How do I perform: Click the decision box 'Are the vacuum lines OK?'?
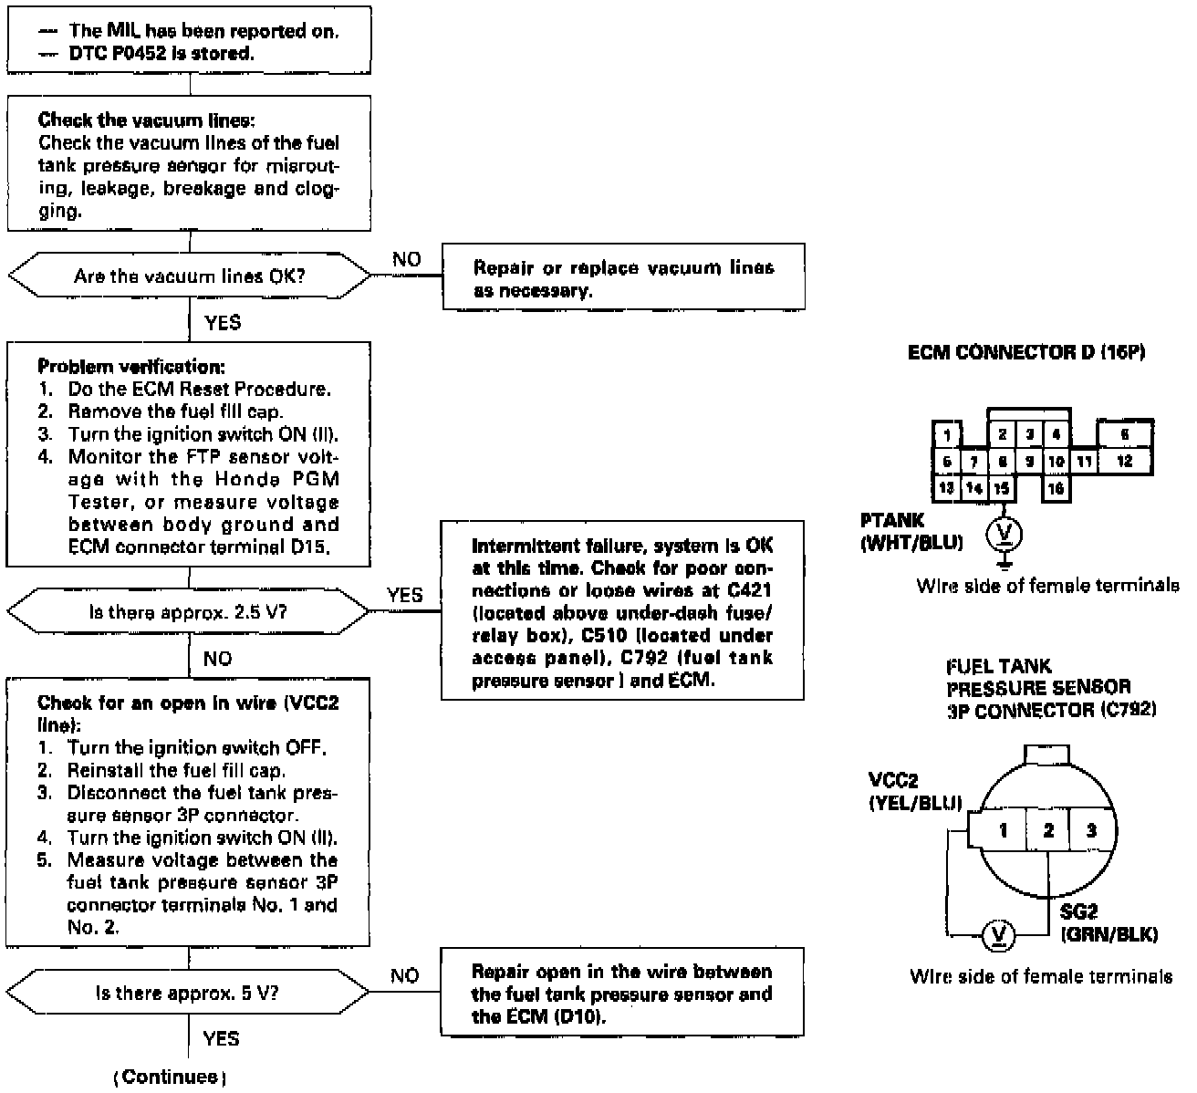pos(189,276)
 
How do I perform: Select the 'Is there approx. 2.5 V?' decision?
pos(189,612)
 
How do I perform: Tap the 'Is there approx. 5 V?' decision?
pos(189,993)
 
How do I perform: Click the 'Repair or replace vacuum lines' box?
pos(623,278)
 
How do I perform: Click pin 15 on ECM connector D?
pos(1002,488)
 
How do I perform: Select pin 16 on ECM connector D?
pos(1056,488)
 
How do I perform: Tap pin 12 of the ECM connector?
pos(1124,462)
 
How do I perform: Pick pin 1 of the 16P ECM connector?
pos(948,434)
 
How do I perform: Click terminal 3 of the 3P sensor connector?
pos(1091,830)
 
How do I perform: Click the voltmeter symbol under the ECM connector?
pos(1004,532)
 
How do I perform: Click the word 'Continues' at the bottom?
pos(170,1077)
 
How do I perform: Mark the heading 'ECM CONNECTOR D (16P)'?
pos(1025,352)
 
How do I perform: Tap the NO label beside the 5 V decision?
pos(404,975)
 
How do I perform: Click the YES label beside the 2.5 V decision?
pos(404,596)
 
